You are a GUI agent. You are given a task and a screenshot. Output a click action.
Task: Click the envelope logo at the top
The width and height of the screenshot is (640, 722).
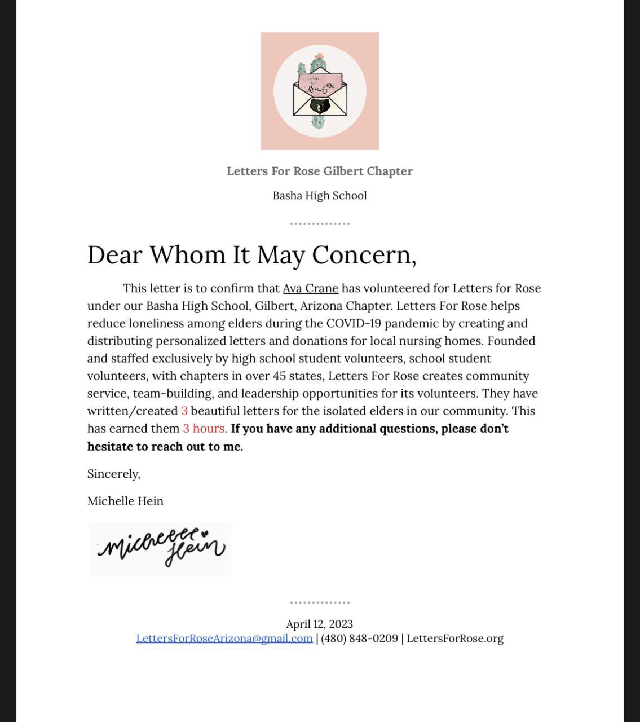320,91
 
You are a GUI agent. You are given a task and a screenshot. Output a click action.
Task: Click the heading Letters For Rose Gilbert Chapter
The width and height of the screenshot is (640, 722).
320,171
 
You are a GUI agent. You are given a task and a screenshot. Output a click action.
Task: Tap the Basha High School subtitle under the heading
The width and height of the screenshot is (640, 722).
320,196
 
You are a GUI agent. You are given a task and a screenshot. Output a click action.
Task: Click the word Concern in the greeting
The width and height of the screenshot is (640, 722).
364,255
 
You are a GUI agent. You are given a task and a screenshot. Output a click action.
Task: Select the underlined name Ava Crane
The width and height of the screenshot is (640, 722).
310,289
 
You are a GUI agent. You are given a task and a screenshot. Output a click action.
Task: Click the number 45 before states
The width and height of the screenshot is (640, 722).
280,376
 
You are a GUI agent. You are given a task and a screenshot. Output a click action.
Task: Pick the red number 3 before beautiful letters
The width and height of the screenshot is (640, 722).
184,411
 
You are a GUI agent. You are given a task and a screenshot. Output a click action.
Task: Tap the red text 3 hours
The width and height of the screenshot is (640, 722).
204,429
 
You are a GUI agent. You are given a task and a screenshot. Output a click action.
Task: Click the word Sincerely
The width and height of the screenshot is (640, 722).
114,474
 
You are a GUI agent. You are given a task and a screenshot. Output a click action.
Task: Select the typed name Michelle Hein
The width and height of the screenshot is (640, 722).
125,501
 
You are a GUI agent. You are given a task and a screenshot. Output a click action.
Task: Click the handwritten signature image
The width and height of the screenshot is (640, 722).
160,549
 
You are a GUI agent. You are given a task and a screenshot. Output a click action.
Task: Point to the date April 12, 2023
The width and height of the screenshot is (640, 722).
320,624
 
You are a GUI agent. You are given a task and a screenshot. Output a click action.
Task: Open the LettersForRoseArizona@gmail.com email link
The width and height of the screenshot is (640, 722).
224,639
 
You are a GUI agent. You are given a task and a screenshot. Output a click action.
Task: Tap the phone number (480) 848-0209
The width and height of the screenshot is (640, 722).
359,639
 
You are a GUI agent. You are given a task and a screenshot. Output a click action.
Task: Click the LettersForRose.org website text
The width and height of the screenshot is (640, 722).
455,639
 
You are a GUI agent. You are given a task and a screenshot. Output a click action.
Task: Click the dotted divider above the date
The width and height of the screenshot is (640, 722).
320,602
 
